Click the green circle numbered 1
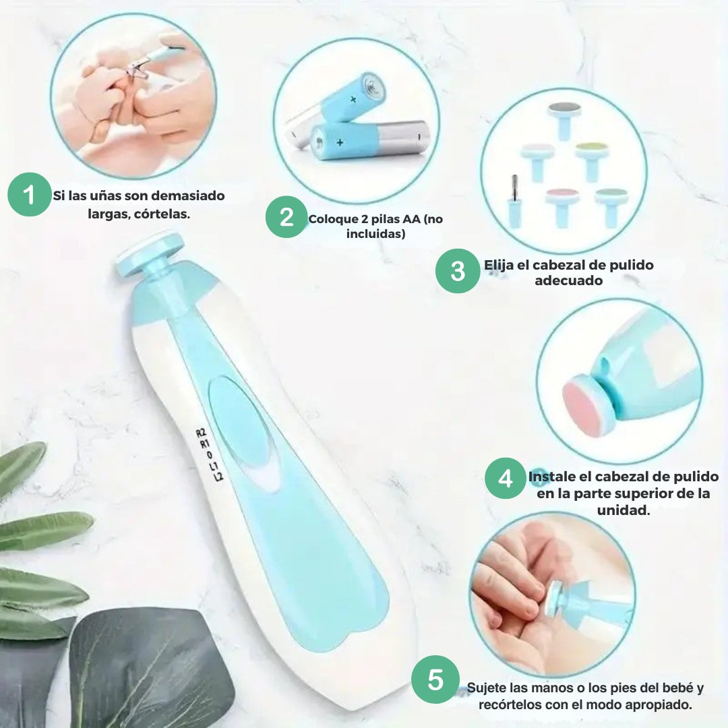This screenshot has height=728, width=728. [29, 195]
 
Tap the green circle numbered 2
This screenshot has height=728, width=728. [286, 217]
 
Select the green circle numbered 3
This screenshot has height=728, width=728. [458, 271]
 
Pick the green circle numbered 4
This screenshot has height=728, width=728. [506, 478]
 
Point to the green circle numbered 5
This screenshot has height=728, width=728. [435, 679]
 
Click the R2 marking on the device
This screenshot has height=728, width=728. [200, 433]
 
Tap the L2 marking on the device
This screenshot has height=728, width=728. [218, 476]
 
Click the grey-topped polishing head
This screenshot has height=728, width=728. [564, 120]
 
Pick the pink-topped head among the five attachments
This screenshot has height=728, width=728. [562, 206]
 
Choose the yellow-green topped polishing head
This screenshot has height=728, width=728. [592, 160]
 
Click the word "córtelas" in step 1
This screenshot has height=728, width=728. [162, 214]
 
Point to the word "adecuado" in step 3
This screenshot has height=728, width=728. [568, 280]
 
